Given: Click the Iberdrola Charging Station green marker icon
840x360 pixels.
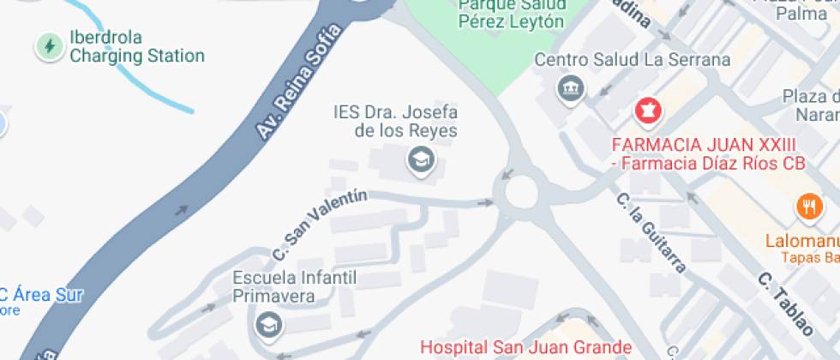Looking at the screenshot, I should click(49, 46).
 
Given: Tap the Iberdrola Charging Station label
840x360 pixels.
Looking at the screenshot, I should click(136, 47).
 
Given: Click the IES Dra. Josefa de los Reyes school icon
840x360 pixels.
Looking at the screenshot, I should click(419, 159).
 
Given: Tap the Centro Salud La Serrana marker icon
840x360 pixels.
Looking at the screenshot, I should click(568, 87).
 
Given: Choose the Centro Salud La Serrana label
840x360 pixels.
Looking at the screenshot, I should click(633, 60).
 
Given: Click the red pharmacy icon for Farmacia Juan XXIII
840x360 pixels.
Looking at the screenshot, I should click(647, 111).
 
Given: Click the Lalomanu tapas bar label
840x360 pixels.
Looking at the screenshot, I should click(801, 242).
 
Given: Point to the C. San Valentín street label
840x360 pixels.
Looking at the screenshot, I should click(319, 225).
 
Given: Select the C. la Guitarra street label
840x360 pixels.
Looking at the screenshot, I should click(651, 232).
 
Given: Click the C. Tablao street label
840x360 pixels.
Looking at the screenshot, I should click(785, 304).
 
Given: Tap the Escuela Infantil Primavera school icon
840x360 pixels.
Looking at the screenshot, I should click(269, 325).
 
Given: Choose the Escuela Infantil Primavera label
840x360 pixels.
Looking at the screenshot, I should click(283, 287).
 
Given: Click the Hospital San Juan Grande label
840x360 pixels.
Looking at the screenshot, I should click(525, 348).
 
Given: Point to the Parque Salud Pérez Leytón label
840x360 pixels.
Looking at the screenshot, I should click(511, 14).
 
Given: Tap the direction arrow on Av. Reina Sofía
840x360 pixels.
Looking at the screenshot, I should click(182, 210).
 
